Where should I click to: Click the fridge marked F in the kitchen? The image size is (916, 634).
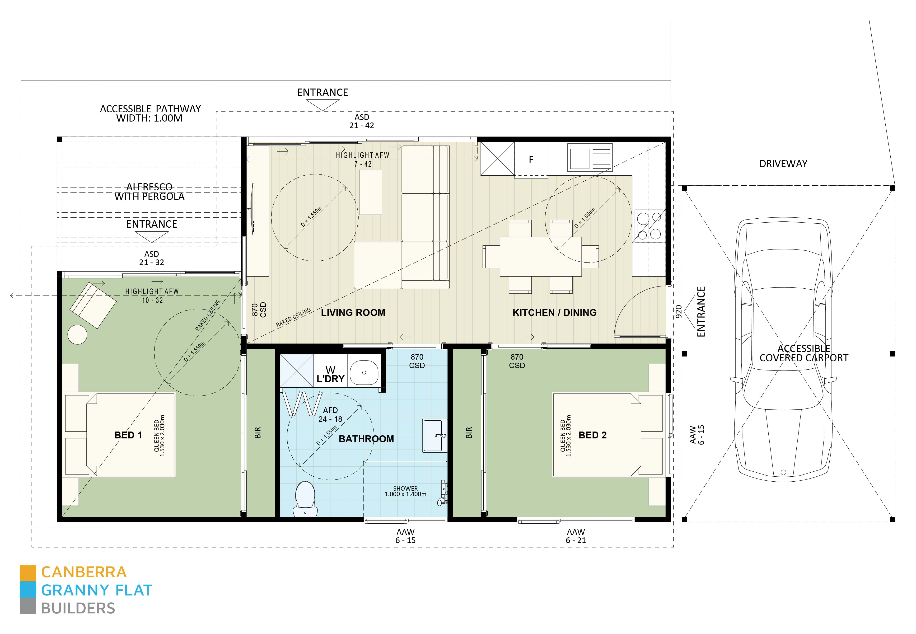(531, 159)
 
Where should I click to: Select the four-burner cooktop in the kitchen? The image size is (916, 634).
(649, 226)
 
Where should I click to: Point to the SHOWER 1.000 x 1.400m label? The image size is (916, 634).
(405, 491)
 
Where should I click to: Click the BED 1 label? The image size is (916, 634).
(128, 435)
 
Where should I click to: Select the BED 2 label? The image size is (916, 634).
(592, 435)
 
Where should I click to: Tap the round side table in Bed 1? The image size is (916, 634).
(77, 334)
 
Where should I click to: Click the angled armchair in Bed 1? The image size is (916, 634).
(93, 305)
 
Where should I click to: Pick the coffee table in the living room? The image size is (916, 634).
(371, 192)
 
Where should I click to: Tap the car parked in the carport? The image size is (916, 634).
(783, 350)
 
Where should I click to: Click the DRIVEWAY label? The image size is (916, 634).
(783, 164)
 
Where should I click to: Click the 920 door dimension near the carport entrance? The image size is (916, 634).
(678, 311)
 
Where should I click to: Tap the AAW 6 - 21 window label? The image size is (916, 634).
(576, 536)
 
